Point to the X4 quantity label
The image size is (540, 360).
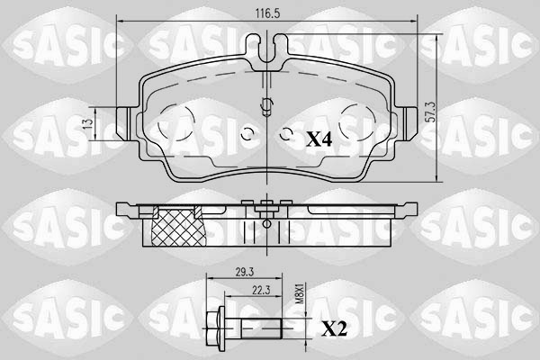[x=319, y=139]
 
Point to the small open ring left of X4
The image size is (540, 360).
[x=287, y=136]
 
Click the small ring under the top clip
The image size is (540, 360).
[x=266, y=103]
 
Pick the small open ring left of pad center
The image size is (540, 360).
[x=249, y=136]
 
